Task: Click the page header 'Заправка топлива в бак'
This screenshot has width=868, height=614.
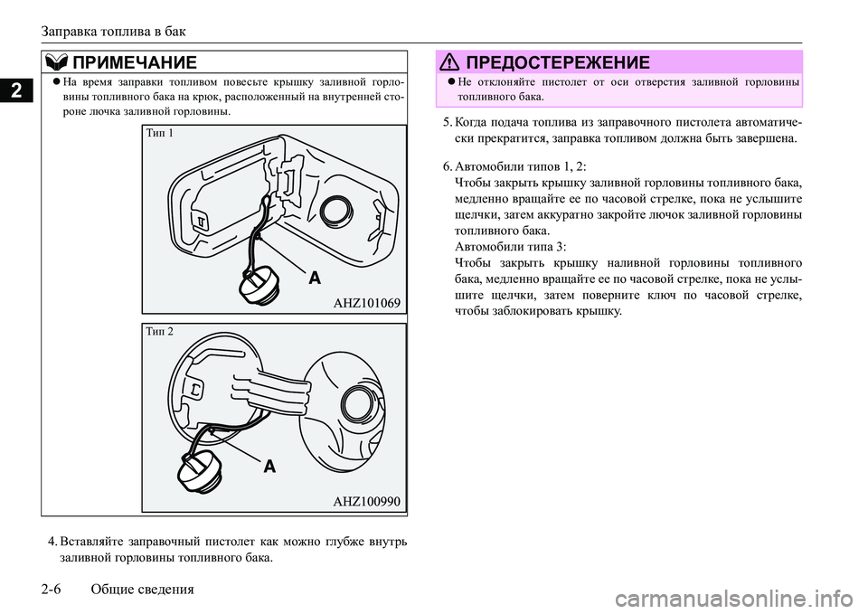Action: [x=113, y=31]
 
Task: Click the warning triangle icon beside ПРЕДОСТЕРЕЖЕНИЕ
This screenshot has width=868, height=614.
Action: [x=448, y=62]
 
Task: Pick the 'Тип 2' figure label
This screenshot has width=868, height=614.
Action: [x=159, y=332]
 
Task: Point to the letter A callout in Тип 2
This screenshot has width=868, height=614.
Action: [x=269, y=468]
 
